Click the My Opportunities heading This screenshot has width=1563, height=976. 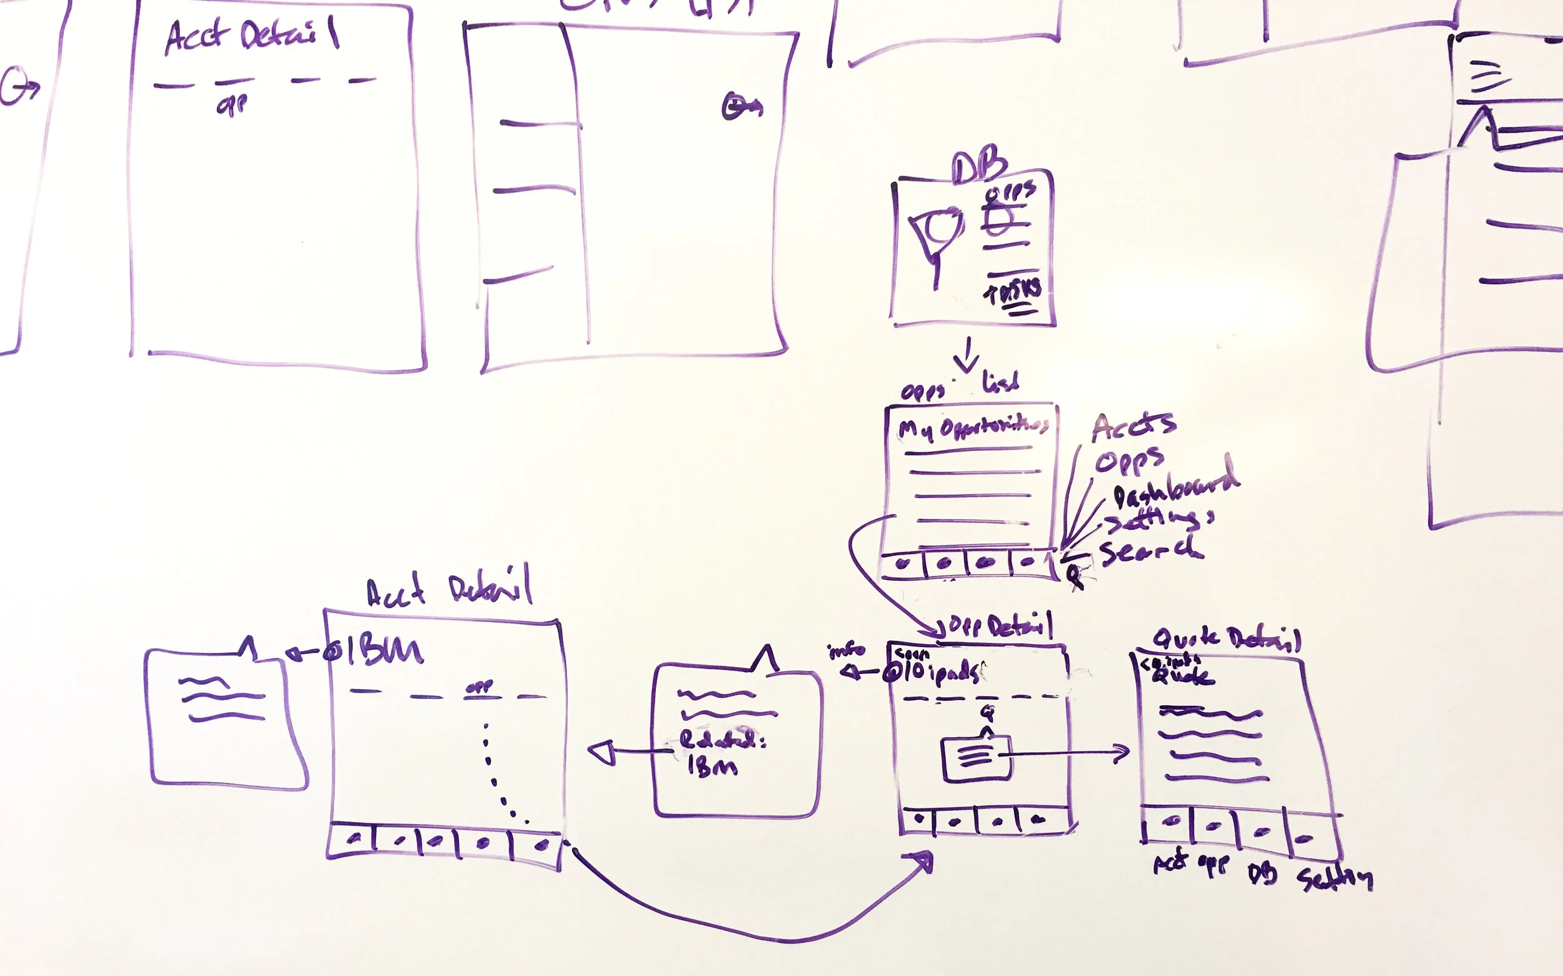coord(973,428)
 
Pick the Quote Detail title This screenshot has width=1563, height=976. coord(1226,638)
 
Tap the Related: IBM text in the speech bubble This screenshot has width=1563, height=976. coord(721,752)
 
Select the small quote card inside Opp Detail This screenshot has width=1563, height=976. coord(977,758)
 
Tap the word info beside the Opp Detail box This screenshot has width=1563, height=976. coord(846,650)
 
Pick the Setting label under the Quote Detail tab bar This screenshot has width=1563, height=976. coord(1335,878)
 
